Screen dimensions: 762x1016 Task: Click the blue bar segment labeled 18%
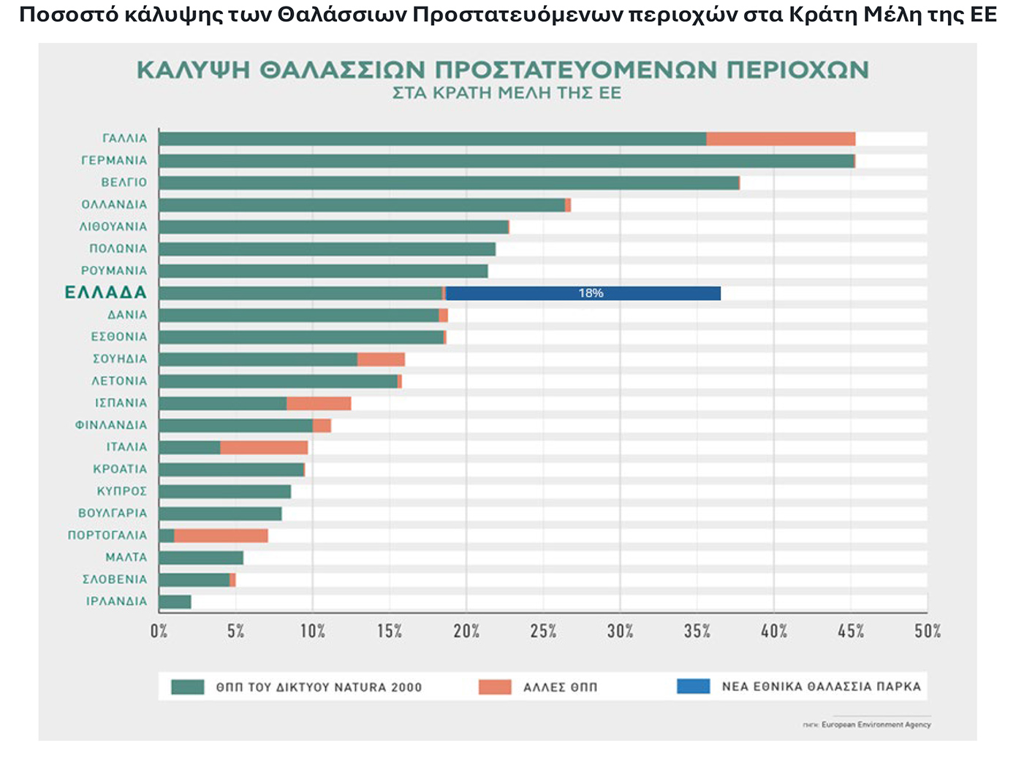tap(583, 293)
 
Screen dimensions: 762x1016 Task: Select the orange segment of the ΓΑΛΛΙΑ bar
tap(781, 139)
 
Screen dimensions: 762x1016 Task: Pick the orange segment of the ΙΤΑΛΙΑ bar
tap(264, 447)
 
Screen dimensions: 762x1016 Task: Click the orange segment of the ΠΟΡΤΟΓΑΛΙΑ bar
tap(221, 536)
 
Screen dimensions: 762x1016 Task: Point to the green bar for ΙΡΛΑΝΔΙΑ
tap(175, 602)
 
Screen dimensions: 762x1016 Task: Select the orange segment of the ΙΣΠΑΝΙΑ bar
tap(319, 403)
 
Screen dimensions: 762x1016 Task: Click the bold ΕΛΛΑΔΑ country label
tap(106, 293)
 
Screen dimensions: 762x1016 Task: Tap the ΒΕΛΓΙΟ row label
tap(124, 183)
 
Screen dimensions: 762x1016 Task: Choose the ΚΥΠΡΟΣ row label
tap(121, 491)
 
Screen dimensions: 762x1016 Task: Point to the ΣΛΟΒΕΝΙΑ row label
tap(114, 579)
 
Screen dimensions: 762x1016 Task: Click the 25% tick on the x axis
tap(543, 631)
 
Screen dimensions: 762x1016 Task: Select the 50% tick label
tap(927, 631)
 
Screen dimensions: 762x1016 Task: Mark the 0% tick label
tap(159, 631)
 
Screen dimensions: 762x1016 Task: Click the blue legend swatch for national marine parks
tap(693, 687)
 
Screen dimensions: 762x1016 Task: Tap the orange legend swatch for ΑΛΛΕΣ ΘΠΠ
tap(495, 687)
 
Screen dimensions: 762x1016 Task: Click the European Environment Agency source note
tap(876, 725)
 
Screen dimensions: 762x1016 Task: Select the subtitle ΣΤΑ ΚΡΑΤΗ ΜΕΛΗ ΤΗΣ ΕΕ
tap(507, 94)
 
